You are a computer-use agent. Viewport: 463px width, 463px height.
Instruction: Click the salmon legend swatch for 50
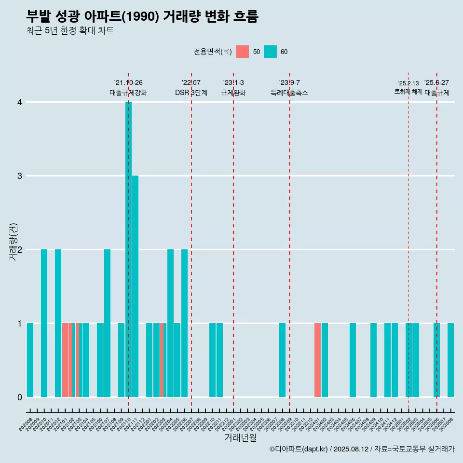coord(243,52)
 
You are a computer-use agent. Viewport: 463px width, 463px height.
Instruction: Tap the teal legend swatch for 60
coord(271,52)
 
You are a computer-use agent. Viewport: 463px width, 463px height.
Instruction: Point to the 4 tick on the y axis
coord(20,102)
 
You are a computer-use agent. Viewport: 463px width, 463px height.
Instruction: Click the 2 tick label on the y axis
coord(20,250)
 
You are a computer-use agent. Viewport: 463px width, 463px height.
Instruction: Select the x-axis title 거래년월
coord(240,437)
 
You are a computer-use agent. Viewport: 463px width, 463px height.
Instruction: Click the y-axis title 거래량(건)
coord(14,242)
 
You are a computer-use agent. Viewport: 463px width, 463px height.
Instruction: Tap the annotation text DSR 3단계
coord(191,93)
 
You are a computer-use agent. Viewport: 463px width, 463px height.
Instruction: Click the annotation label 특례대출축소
coord(289,93)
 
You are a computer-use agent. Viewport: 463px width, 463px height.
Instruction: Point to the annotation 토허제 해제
coord(409,92)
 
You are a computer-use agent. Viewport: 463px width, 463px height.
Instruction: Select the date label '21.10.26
coord(128,83)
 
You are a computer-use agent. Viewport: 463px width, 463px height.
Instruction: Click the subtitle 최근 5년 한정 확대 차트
coord(70,31)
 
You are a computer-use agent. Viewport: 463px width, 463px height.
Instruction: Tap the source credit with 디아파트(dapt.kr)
coord(362,449)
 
